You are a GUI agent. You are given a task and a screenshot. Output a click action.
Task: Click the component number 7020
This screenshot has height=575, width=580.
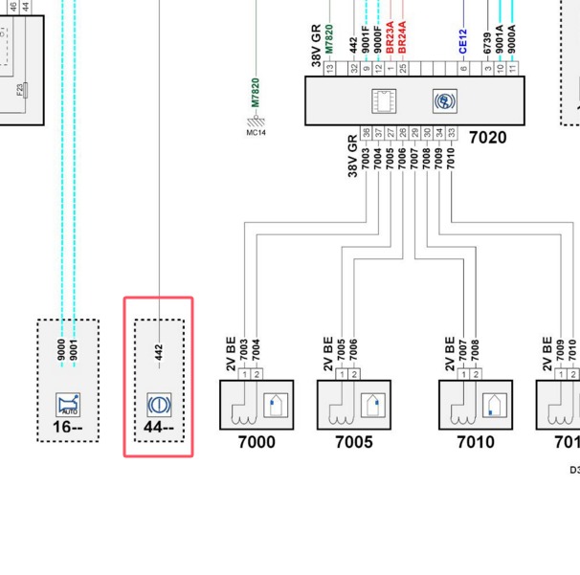487,138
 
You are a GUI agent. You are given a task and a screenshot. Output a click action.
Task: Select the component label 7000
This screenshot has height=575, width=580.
256,442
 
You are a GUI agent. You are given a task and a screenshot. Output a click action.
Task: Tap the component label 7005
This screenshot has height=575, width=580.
353,442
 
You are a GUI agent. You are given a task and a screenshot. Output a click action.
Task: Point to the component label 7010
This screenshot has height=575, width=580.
475,442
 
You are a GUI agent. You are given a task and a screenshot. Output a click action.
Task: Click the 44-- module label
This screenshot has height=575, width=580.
159,427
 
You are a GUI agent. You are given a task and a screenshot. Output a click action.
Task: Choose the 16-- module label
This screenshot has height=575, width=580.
67,427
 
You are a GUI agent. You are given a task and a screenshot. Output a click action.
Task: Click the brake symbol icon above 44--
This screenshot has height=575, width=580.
159,404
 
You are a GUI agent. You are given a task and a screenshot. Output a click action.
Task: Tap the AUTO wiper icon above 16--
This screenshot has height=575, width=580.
68,404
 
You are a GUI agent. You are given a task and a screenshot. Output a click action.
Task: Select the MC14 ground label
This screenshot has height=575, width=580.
256,133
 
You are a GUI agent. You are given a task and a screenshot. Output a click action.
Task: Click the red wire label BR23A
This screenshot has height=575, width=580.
390,38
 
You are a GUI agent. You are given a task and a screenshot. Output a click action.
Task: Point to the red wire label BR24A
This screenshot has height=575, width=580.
402,38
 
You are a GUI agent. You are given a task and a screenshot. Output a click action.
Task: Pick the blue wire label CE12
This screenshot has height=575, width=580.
463,42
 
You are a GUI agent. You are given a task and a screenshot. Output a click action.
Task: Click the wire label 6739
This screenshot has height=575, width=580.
487,43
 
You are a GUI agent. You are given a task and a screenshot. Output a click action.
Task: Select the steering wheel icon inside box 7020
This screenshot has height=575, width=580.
445,101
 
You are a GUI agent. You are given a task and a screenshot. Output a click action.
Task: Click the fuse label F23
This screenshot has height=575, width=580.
20,91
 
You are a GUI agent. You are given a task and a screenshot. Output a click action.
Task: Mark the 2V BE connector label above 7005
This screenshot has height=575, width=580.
328,352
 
